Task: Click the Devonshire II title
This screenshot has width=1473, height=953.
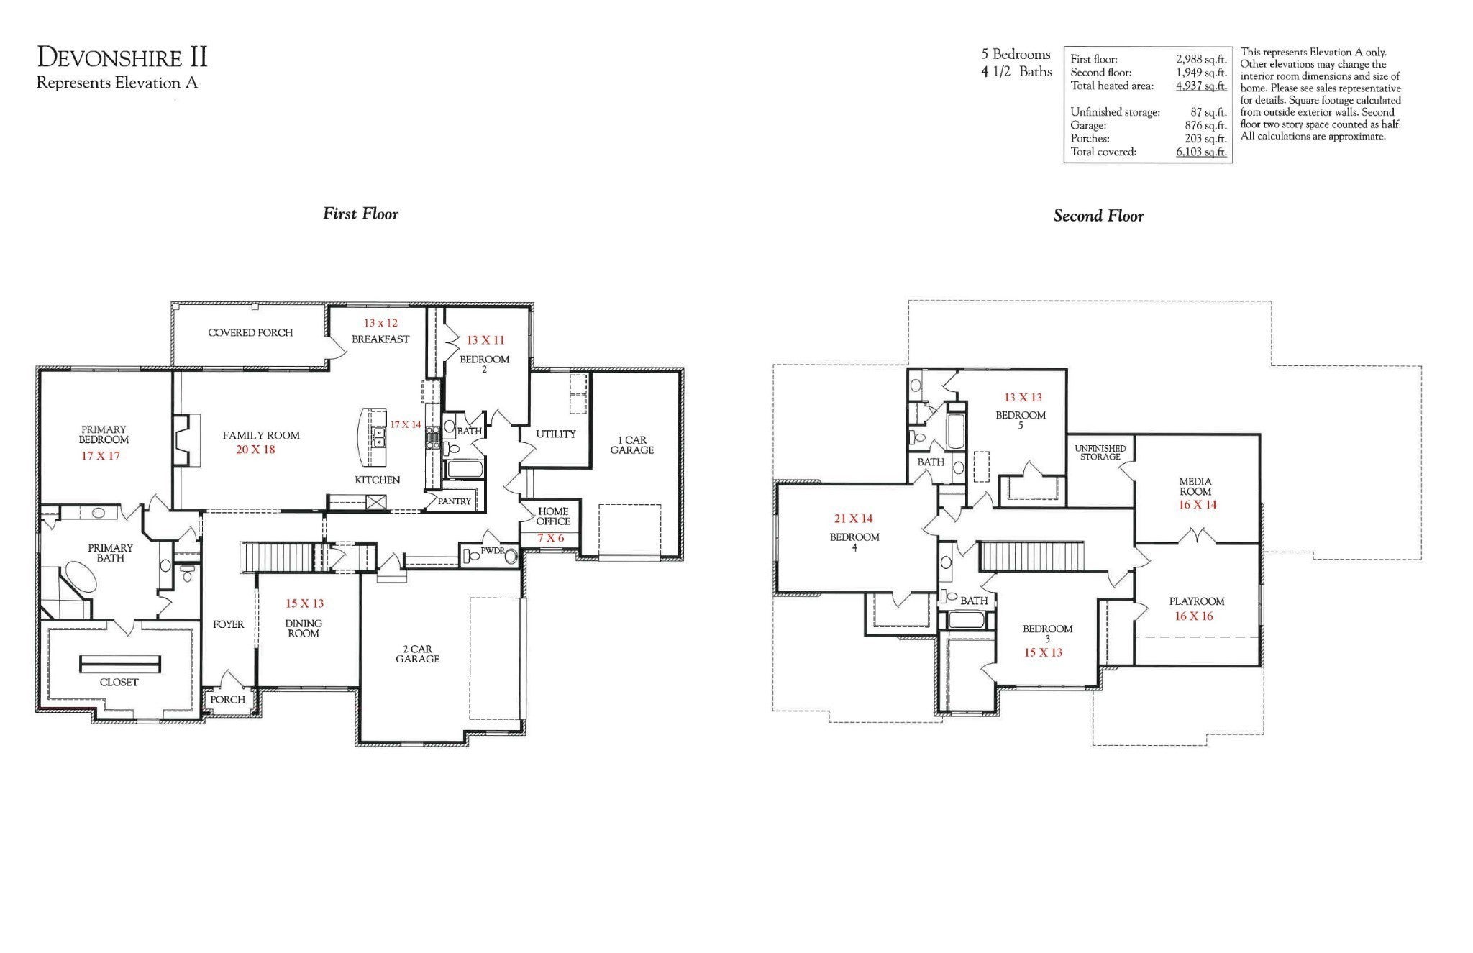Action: (x=122, y=57)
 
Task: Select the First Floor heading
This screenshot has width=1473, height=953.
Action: (x=360, y=214)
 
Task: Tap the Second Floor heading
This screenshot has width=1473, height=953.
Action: (x=1098, y=216)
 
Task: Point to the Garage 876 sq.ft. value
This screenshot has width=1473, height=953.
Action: (x=1205, y=125)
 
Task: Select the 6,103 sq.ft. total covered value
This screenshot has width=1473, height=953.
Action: (x=1200, y=152)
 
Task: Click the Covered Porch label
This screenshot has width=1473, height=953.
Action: (x=250, y=333)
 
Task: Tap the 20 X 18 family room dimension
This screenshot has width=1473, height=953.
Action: (x=255, y=450)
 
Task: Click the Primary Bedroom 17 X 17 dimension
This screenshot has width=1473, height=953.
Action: (x=100, y=456)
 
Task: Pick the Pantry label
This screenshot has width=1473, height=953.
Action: (x=455, y=501)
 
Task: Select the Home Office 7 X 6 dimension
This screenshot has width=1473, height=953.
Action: (x=550, y=538)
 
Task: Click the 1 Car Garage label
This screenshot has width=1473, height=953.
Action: (x=631, y=445)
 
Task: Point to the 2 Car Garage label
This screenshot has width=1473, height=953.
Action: (x=417, y=654)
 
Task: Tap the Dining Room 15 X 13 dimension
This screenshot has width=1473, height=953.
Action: (x=304, y=603)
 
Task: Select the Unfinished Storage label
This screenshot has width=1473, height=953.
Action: (x=1100, y=452)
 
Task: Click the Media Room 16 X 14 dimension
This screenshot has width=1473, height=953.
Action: (x=1197, y=505)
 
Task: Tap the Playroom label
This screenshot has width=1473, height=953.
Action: (x=1196, y=601)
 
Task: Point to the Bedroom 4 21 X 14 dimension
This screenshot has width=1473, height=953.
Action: (x=853, y=519)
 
